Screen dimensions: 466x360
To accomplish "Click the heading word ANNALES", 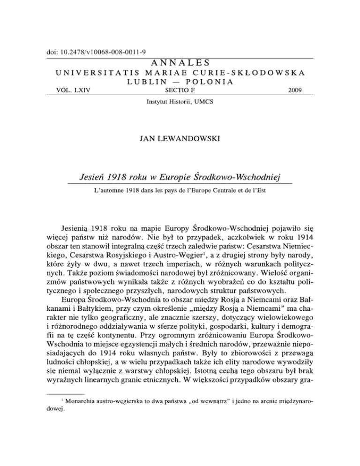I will [180, 62].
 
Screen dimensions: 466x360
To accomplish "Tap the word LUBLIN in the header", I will [132, 82].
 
